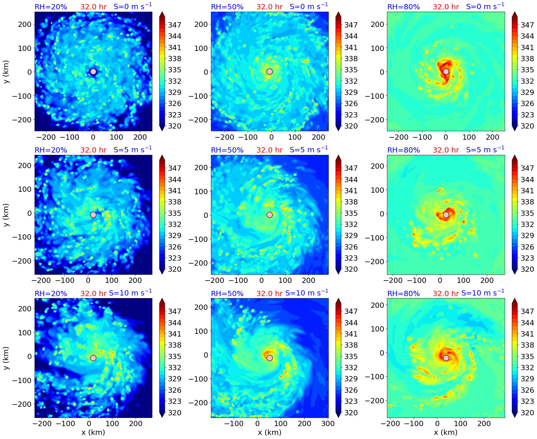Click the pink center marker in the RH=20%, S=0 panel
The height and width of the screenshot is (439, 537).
click(x=93, y=71)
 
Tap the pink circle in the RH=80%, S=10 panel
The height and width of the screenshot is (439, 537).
click(x=446, y=358)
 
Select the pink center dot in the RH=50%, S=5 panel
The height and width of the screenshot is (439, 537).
click(x=270, y=215)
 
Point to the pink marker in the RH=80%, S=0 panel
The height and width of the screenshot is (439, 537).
click(x=446, y=71)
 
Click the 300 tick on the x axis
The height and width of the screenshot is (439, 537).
click(x=328, y=423)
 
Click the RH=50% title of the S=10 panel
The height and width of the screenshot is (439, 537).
click(x=227, y=293)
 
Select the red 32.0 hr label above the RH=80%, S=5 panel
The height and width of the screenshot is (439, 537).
click(x=446, y=150)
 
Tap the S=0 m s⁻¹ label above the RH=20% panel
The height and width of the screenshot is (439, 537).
click(x=133, y=6)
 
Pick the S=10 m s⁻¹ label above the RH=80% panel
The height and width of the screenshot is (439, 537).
click(x=483, y=293)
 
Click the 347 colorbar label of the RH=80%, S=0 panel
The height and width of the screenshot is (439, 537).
click(x=527, y=25)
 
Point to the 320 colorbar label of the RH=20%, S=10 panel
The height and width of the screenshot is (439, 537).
click(x=175, y=413)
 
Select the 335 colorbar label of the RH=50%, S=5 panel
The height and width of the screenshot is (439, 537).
click(x=351, y=213)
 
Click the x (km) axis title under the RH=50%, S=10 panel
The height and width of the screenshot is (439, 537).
click(x=270, y=432)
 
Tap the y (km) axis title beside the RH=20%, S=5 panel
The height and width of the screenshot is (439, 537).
click(x=6, y=215)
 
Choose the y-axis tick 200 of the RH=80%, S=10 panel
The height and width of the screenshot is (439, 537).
click(x=377, y=305)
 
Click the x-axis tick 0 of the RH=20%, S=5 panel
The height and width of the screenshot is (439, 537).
click(x=88, y=280)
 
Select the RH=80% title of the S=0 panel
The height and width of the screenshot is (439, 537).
click(x=403, y=7)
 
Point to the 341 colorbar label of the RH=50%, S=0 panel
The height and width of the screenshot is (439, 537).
click(x=351, y=47)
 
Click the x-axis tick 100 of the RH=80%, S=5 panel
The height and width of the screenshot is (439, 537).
click(x=463, y=280)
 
